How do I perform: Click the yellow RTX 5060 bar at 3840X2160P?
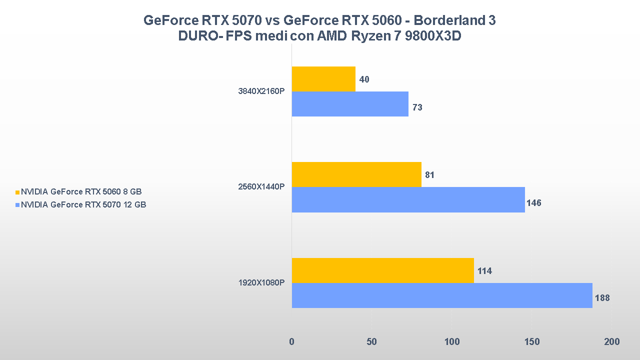point(323,79)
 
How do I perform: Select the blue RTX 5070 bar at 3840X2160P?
point(350,104)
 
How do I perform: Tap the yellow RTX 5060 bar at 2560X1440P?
point(356,174)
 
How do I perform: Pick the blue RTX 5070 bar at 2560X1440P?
point(408,199)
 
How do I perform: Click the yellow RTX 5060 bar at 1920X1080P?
point(382,270)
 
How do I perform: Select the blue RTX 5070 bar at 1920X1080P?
point(442,295)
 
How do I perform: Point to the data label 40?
point(364,79)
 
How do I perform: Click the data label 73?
point(417,107)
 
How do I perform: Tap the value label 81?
point(429,175)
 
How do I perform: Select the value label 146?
point(533,203)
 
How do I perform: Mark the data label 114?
point(484,271)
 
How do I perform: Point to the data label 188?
point(602,298)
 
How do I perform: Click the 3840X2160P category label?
point(261,91)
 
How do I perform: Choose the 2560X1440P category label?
point(261,187)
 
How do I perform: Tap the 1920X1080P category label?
point(261,283)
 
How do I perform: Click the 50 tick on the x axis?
point(371,342)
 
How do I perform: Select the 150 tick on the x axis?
point(532,342)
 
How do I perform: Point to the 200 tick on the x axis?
point(611,342)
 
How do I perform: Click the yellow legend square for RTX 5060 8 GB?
point(18,192)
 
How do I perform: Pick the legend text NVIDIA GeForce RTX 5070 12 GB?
point(83,204)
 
